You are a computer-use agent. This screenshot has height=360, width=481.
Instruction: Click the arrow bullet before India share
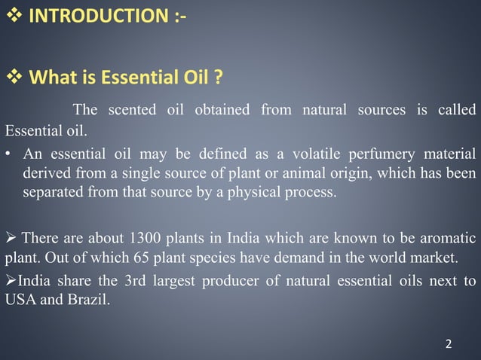tap(10, 282)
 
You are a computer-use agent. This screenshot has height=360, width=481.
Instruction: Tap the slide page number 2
tap(449, 344)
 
